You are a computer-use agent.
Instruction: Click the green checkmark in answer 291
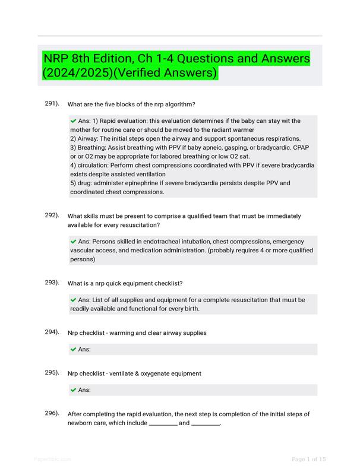73,121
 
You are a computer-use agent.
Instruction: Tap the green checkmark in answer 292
73,242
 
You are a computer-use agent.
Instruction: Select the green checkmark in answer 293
73,300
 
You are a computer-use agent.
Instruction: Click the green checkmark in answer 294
73,350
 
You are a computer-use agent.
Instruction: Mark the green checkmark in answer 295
73,390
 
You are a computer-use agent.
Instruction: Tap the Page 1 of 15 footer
308,459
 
